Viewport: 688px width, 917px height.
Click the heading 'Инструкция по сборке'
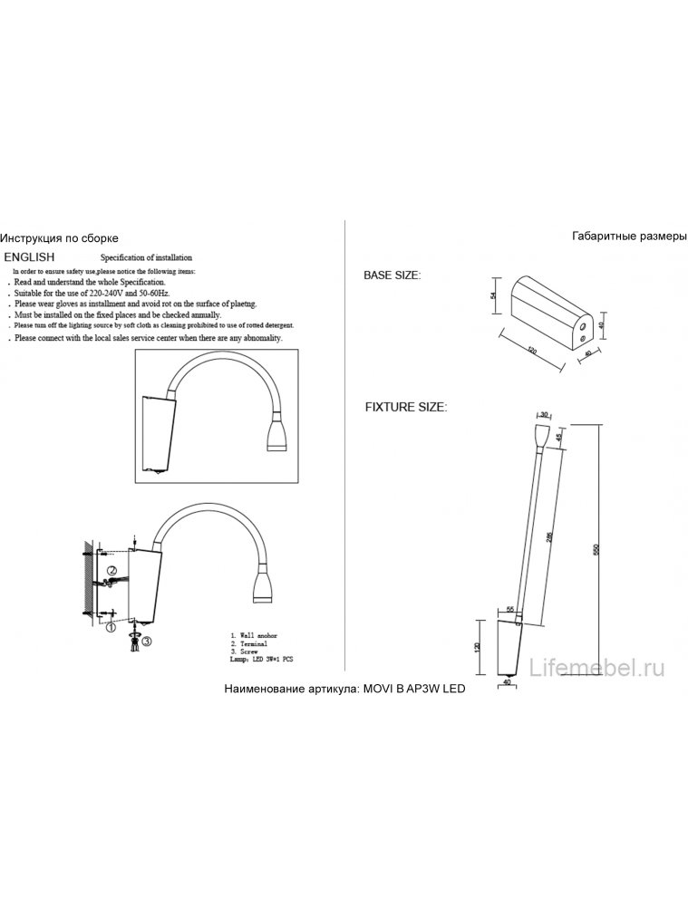(x=59, y=238)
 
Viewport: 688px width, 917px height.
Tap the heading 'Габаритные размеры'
(x=630, y=236)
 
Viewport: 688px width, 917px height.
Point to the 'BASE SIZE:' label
(x=392, y=275)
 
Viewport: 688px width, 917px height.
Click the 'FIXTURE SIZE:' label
(x=405, y=408)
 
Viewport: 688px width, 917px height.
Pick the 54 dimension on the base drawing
(x=494, y=297)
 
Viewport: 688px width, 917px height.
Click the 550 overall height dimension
(x=596, y=550)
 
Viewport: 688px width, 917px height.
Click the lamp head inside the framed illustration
(x=276, y=437)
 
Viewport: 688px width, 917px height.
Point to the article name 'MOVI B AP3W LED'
(x=413, y=690)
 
